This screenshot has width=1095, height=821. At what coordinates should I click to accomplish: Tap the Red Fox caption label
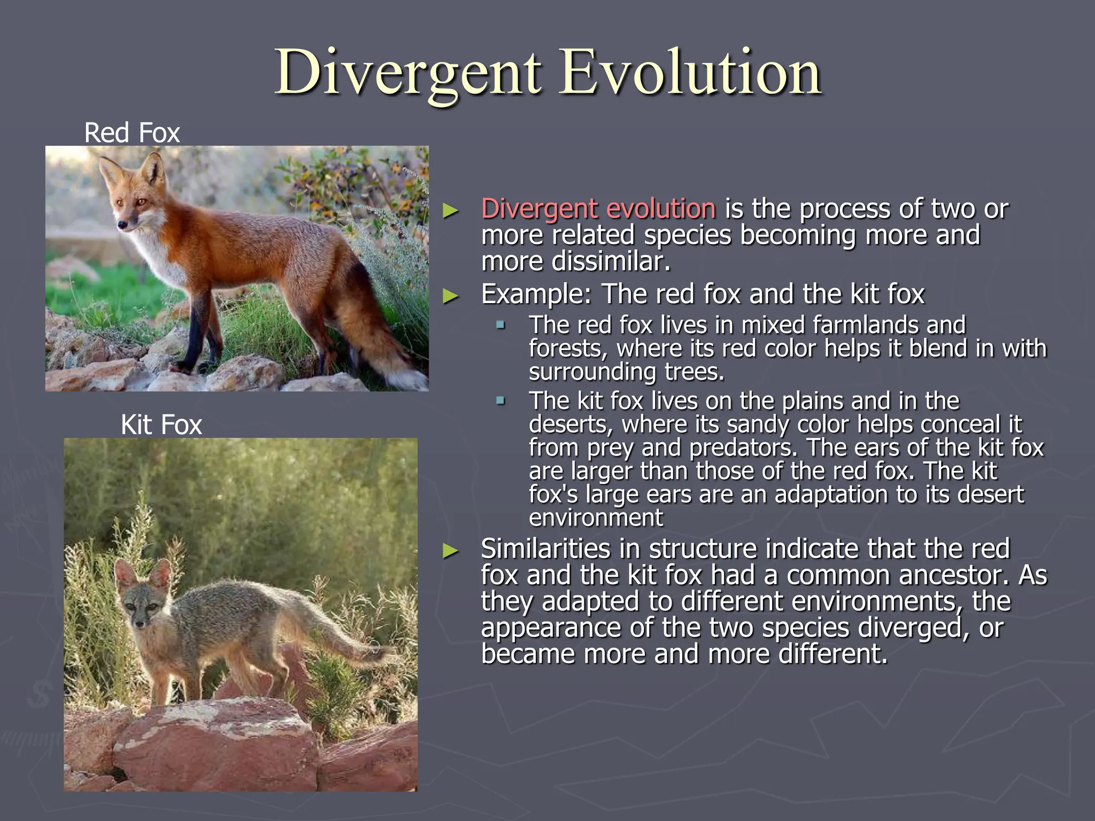coord(132,133)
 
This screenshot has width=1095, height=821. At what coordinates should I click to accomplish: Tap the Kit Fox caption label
coord(161,425)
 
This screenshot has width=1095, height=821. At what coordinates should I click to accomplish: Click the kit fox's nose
coord(140,623)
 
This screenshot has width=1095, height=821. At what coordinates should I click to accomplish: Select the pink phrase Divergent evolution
coord(598,208)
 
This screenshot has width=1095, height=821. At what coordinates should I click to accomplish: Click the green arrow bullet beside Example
coord(451,296)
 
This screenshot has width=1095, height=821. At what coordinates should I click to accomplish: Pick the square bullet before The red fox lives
coord(500,324)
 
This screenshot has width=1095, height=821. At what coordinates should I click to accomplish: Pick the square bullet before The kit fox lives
coord(500,400)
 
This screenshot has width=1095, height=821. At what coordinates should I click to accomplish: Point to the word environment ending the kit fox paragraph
coord(596,518)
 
